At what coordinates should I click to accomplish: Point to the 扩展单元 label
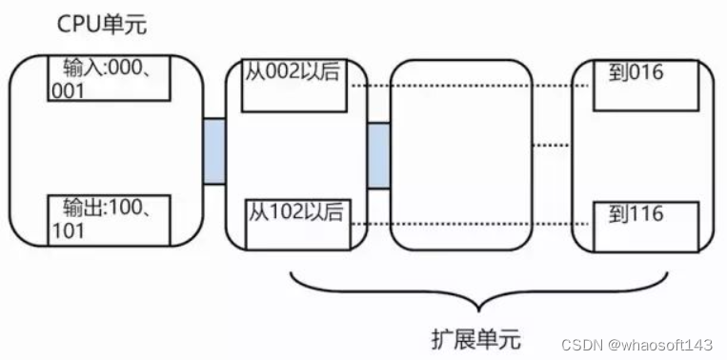[x=475, y=337]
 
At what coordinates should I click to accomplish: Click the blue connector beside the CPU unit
[x=213, y=151]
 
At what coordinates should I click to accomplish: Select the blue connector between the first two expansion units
[x=378, y=155]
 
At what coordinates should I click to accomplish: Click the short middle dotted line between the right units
[x=550, y=145]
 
